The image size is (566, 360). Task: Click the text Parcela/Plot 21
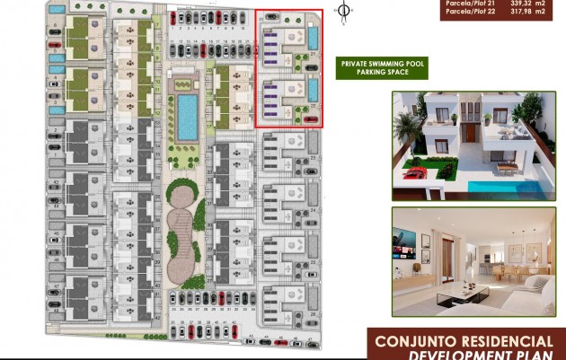click(466, 3)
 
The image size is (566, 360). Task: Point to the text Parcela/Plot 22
click(466, 12)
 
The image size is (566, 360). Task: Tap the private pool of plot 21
click(313, 38)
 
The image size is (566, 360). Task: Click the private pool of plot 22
click(313, 91)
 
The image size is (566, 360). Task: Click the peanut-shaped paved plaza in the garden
click(182, 228)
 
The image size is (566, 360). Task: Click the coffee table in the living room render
click(475, 292)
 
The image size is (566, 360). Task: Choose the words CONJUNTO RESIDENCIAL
click(464, 341)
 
